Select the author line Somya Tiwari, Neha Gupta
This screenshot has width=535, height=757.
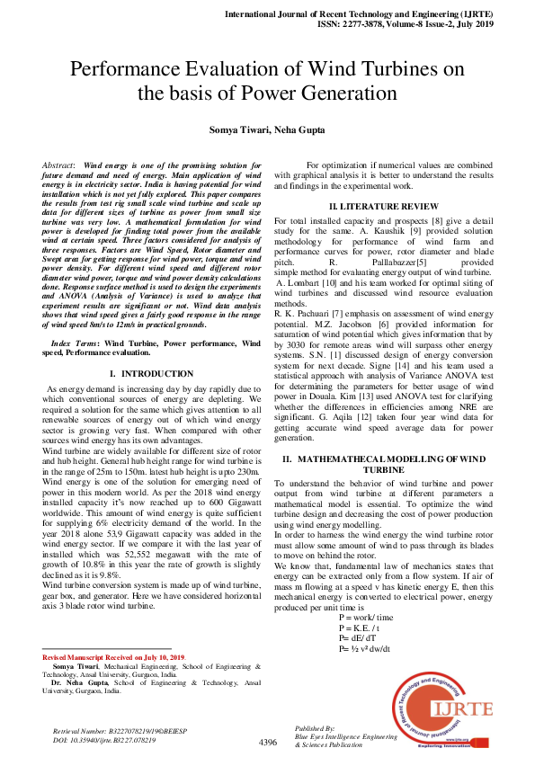point(267,130)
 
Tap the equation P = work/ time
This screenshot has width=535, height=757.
point(365,619)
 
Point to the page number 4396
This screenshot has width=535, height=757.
point(268,743)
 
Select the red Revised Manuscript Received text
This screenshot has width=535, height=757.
point(113,656)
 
